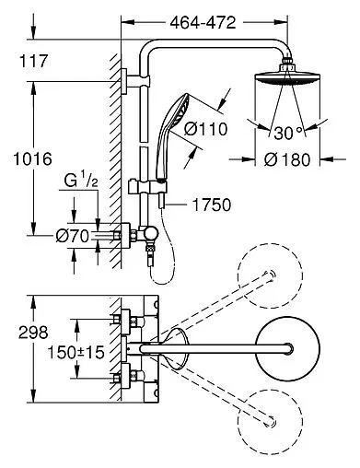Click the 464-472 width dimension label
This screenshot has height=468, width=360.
[203, 22]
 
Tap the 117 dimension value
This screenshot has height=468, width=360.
[34, 61]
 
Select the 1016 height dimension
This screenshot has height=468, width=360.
[33, 159]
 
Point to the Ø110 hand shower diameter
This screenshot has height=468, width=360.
[205, 129]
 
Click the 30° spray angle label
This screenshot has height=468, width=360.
[287, 133]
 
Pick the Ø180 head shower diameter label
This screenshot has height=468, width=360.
[287, 159]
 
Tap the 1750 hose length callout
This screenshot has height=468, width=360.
[212, 205]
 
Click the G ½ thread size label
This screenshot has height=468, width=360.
[81, 181]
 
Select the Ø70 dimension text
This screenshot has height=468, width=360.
[73, 237]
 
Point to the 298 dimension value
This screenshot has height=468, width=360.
[33, 333]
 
